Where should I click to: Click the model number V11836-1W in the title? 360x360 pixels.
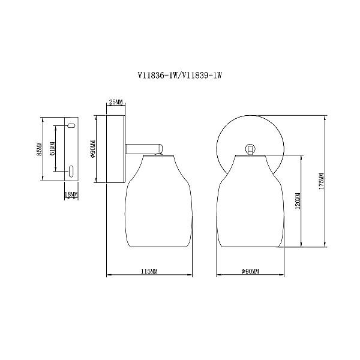point(158,76)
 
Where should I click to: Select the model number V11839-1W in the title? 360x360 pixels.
point(202,76)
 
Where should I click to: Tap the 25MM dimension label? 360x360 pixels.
point(116,102)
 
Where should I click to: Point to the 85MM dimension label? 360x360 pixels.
point(40,149)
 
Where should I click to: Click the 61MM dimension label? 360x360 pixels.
point(52,149)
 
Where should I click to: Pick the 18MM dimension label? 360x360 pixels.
point(71,194)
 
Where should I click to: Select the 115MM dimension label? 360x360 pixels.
point(149,271)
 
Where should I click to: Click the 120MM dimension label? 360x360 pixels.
point(298,201)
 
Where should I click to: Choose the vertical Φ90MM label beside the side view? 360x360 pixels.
point(93,149)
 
